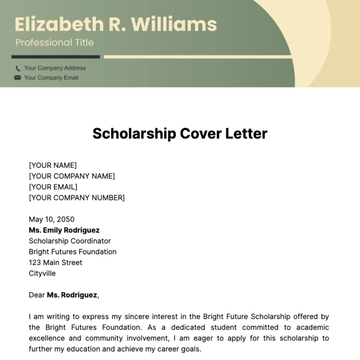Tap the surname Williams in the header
(176, 23)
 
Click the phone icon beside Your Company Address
(17, 68)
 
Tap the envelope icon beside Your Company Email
(17, 77)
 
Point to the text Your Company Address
(55, 68)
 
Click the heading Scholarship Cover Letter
(180, 132)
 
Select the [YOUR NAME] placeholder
(53, 165)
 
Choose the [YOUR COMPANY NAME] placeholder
(72, 176)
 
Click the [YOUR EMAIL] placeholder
(54, 187)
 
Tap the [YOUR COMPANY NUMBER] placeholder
(77, 198)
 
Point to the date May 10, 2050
(52, 219)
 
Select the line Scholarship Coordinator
(68, 241)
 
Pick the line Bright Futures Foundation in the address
(72, 252)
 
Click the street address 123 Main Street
(56, 263)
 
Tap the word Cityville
(43, 273)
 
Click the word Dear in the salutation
(37, 295)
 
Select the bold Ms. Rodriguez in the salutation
(73, 295)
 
